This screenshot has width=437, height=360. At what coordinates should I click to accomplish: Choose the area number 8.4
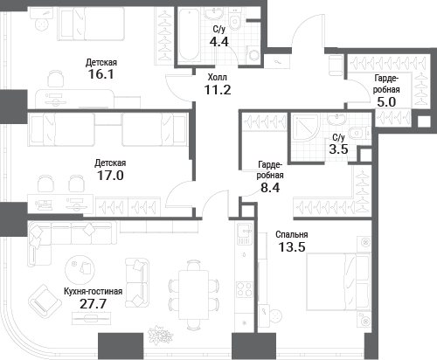click(271, 185)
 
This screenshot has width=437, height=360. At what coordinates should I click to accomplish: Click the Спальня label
click(291, 235)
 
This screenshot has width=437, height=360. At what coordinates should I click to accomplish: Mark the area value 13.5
click(291, 249)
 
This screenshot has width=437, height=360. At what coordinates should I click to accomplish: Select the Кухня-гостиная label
click(92, 290)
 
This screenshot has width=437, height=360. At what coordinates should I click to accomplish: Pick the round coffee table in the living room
click(84, 267)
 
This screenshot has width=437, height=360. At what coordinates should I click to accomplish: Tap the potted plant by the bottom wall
click(160, 335)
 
